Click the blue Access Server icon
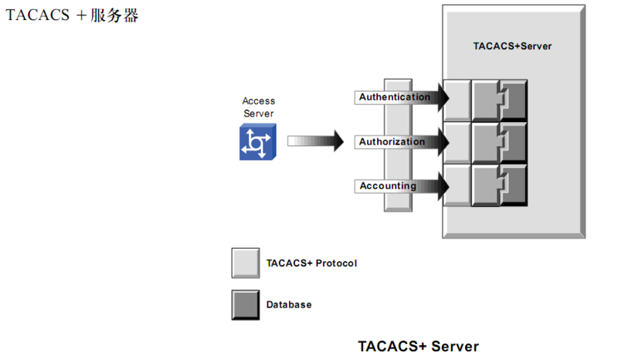[x=257, y=143]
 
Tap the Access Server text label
[x=258, y=107]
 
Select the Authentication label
[x=394, y=97]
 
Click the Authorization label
[x=392, y=142]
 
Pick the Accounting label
[x=387, y=186]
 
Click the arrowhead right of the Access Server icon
[x=334, y=141]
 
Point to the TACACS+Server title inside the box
[x=512, y=46]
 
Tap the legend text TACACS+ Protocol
[x=311, y=263]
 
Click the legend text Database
[x=289, y=305]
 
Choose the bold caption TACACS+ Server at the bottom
[x=418, y=346]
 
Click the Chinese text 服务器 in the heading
[x=114, y=15]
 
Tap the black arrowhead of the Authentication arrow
[x=441, y=97]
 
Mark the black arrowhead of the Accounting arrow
[x=441, y=186]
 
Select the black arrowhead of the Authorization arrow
[x=441, y=142]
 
